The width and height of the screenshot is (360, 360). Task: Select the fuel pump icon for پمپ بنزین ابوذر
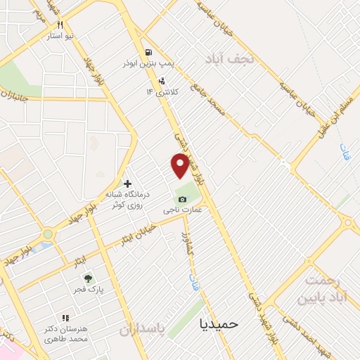pyautogui.click(x=148, y=52)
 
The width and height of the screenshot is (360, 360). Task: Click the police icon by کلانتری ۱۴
pyautogui.click(x=162, y=81)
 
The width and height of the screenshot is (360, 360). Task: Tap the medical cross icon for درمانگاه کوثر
pyautogui.click(x=127, y=184)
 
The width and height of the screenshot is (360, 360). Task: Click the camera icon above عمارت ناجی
pyautogui.click(x=183, y=200)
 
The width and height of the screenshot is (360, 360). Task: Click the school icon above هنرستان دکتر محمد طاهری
pyautogui.click(x=65, y=319)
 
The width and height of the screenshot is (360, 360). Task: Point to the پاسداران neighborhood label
pyautogui.click(x=141, y=330)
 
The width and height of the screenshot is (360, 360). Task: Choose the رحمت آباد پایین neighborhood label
pyautogui.click(x=323, y=289)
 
